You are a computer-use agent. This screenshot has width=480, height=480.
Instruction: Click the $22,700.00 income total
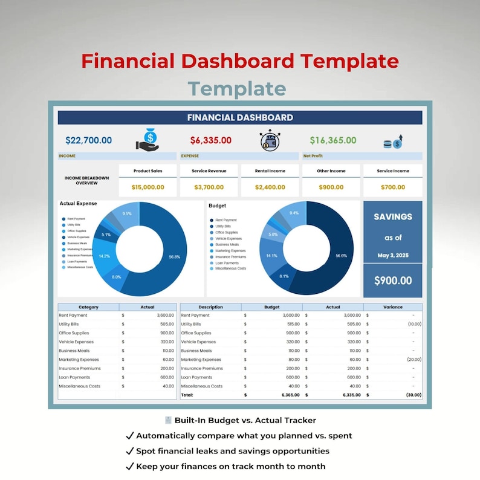(88, 140)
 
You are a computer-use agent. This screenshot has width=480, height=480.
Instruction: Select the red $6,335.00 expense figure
(210, 140)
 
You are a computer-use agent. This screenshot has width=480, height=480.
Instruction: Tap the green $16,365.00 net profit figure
(333, 140)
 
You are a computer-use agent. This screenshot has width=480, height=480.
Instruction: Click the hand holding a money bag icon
(147, 140)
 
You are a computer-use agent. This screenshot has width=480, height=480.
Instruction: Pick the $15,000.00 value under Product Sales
(148, 187)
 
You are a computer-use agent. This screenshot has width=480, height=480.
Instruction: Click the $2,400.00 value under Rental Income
(270, 187)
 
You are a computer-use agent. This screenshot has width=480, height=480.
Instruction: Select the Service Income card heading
(393, 171)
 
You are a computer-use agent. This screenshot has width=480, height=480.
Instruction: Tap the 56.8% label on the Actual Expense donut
(174, 257)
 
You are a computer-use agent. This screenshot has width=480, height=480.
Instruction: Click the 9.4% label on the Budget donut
(294, 213)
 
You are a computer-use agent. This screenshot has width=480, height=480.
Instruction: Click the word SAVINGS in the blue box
(393, 216)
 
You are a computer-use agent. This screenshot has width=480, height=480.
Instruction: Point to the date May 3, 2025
(393, 256)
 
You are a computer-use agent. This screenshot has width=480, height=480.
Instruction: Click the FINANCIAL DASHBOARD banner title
(240, 118)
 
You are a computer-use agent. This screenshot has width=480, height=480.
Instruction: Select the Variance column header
(392, 307)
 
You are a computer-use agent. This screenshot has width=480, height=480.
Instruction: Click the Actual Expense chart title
(78, 204)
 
